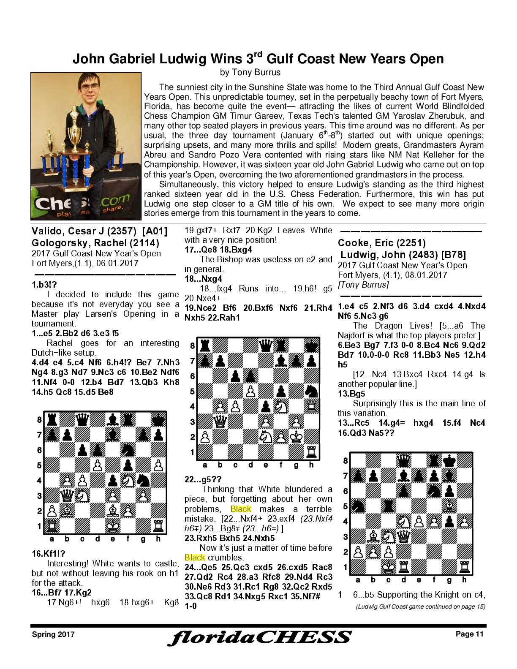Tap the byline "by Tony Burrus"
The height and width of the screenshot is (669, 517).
[x=250, y=72]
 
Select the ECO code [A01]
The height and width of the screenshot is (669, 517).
[x=155, y=231]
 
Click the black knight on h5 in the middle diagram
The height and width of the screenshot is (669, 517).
[x=311, y=391]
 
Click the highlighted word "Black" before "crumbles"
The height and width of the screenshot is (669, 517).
[x=194, y=557]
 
